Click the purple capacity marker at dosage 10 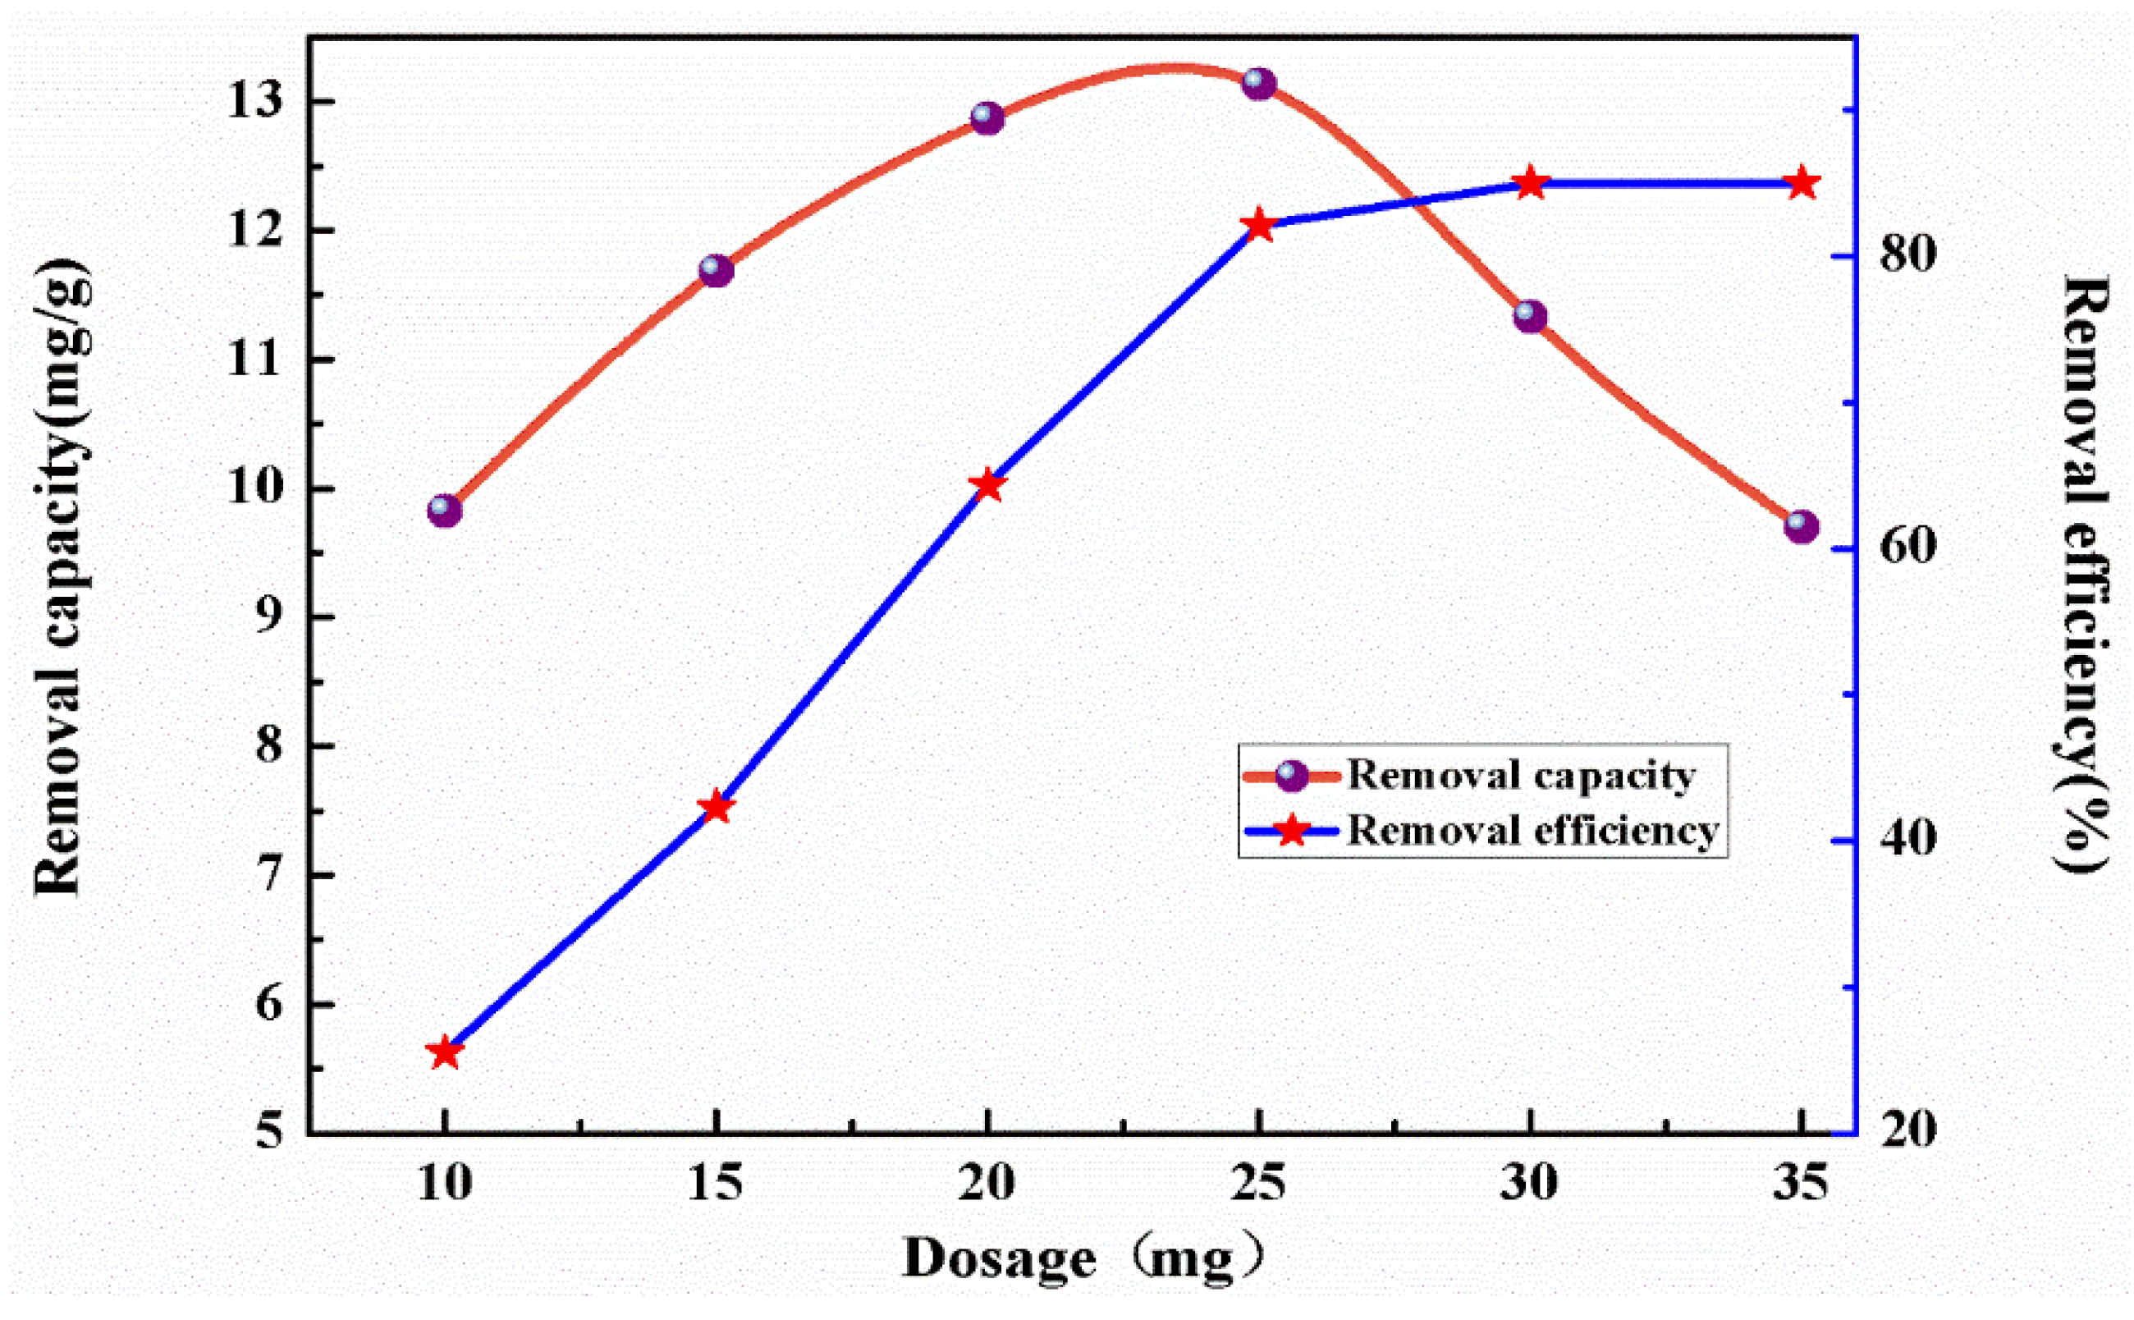coord(444,510)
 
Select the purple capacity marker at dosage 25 coord(1258,84)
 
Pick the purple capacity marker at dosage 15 coord(717,270)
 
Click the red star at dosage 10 coord(445,1053)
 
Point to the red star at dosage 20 coord(988,484)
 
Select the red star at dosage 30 coord(1530,183)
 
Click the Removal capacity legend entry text coord(1520,774)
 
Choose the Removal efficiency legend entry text coord(1532,829)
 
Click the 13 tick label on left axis coord(256,100)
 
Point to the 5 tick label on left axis coord(270,1131)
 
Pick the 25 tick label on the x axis coord(1258,1184)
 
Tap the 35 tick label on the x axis coord(1801,1184)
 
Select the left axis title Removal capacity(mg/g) coord(61,576)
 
